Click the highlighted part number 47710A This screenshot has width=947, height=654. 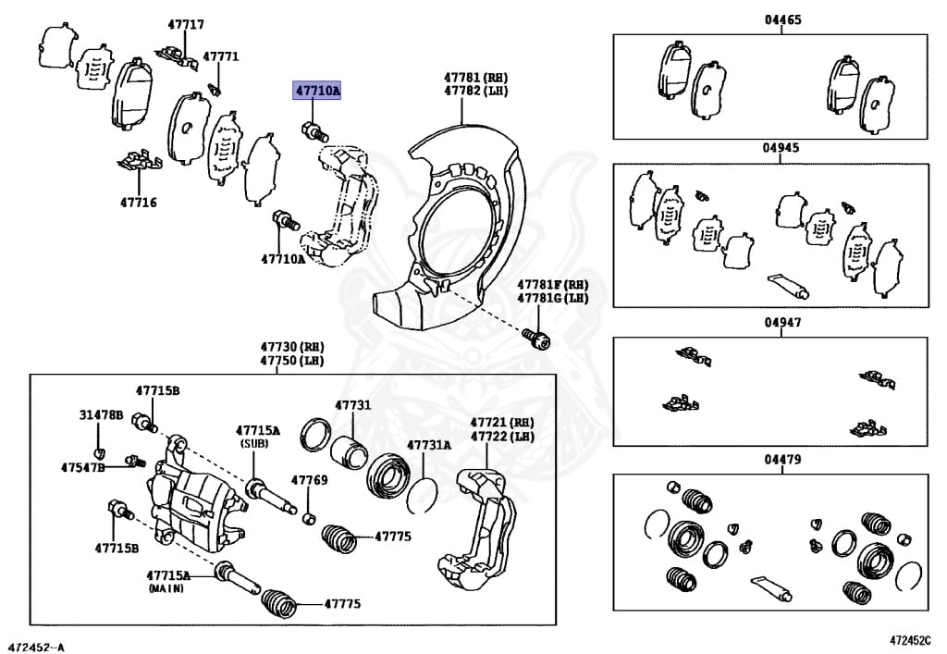[x=317, y=91]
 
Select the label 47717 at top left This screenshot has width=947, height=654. [x=186, y=25]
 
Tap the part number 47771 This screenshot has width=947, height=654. [x=221, y=56]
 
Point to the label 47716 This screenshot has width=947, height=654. [x=138, y=202]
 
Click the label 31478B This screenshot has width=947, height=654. [x=100, y=415]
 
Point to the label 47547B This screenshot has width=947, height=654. [x=83, y=467]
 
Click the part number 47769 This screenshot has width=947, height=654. [x=309, y=480]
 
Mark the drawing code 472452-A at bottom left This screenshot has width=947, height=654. [x=37, y=643]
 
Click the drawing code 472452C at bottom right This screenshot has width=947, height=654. [x=912, y=640]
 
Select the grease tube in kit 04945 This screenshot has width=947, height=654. [x=787, y=285]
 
